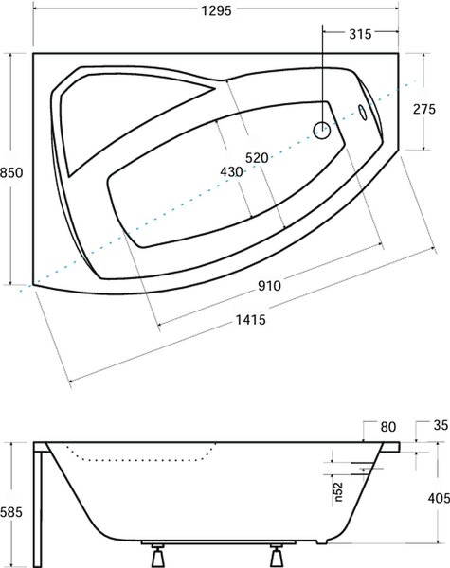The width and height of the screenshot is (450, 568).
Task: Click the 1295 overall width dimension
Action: (x=217, y=10)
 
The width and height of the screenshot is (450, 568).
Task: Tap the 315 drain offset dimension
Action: (x=360, y=34)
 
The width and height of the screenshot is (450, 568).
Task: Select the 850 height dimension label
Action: (x=11, y=172)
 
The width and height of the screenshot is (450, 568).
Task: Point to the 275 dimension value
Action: (x=423, y=109)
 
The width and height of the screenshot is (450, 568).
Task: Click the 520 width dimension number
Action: (x=257, y=158)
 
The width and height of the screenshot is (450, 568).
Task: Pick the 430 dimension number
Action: (x=231, y=171)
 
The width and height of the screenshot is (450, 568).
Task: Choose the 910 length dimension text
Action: (x=269, y=286)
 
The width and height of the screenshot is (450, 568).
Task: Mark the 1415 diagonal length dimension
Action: (x=250, y=320)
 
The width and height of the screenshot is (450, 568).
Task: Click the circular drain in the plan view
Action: (x=322, y=131)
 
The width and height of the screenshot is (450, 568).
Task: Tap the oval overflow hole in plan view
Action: (x=362, y=113)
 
